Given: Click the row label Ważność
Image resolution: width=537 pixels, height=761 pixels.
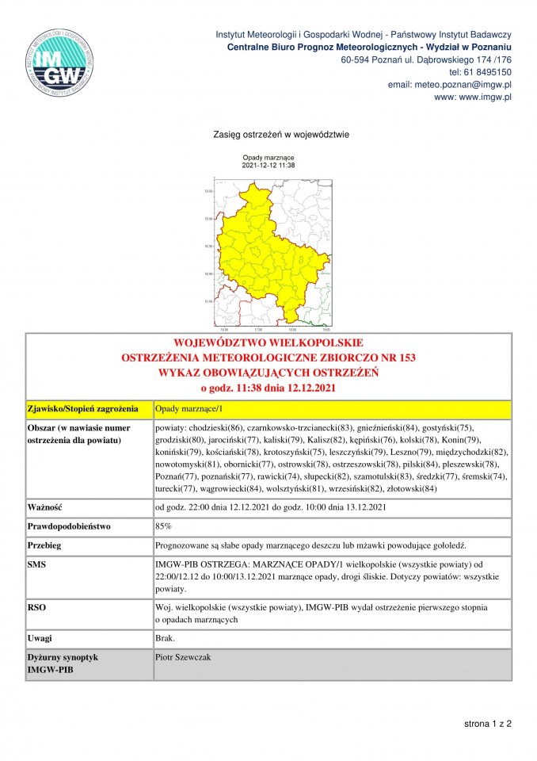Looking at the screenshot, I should pyautogui.click(x=46, y=507).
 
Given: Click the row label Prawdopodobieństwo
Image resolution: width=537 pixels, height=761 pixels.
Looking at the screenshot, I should pyautogui.click(x=70, y=526).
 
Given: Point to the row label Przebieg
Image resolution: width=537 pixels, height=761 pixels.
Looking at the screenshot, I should pyautogui.click(x=45, y=546).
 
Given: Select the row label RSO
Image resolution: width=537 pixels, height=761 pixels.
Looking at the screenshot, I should pyautogui.click(x=36, y=607).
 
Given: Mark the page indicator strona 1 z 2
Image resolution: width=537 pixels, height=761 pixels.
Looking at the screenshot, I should pyautogui.click(x=487, y=725).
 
